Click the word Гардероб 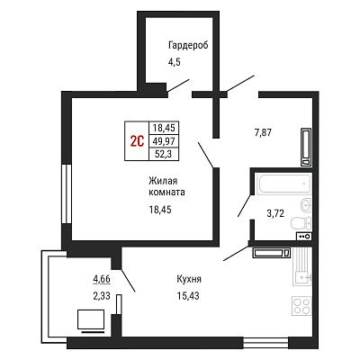(188, 46)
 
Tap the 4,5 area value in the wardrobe (174, 63)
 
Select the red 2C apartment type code (137, 141)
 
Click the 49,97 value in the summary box (164, 141)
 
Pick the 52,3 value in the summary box (164, 154)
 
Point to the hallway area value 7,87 (263, 132)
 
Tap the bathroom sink (306, 205)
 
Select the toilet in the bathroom (301, 222)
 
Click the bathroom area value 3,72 (275, 213)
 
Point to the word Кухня (189, 279)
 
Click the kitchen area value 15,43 (188, 296)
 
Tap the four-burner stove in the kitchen (301, 306)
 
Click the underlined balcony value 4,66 (102, 279)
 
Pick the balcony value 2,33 (102, 296)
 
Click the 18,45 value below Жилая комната (160, 210)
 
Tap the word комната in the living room (166, 193)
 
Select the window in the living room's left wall (67, 193)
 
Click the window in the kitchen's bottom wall (265, 342)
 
